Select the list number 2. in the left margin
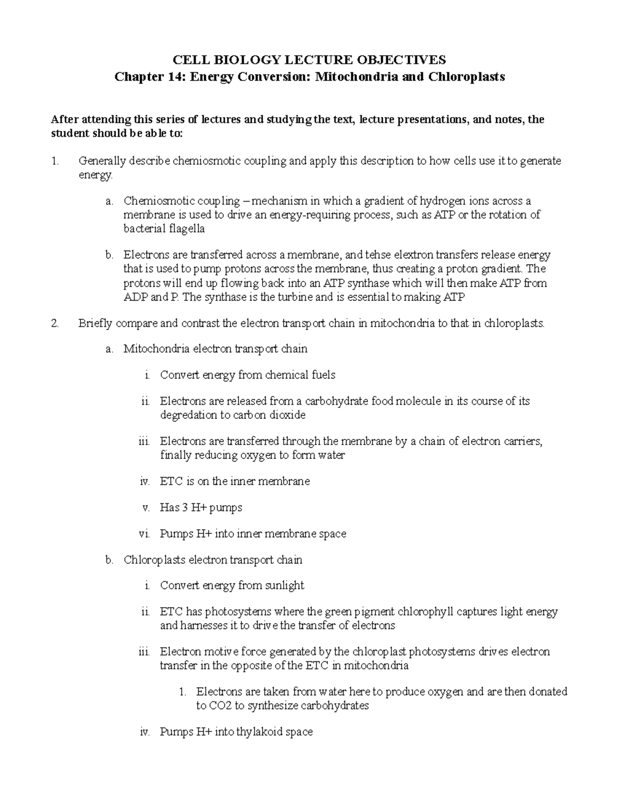pyautogui.click(x=55, y=324)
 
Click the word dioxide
pyautogui.click(x=288, y=415)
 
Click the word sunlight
pyautogui.click(x=284, y=585)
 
